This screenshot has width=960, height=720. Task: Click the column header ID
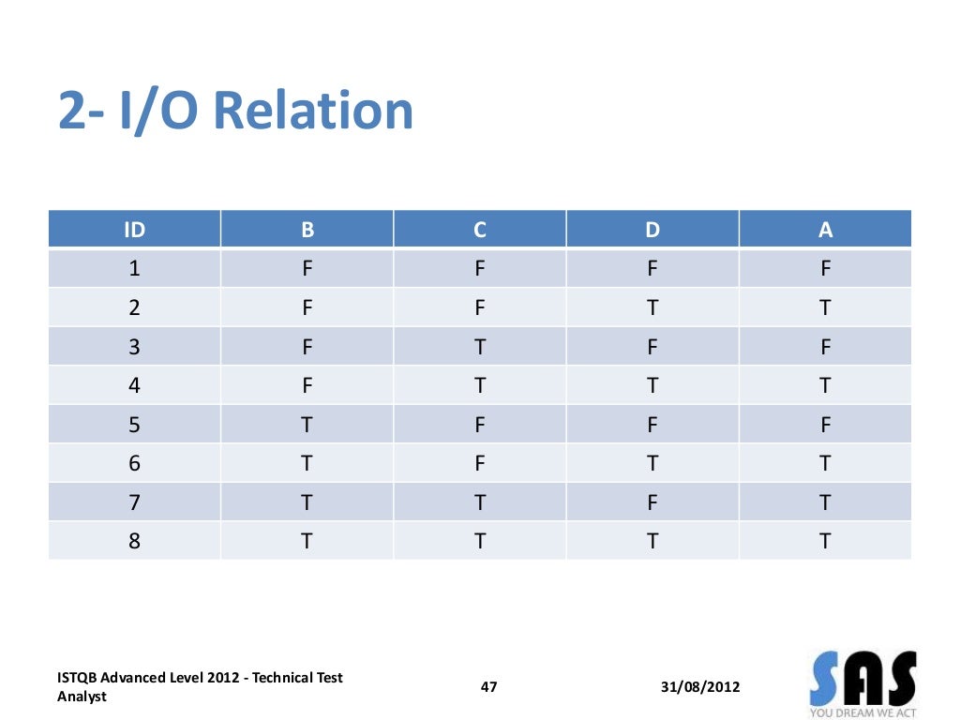135,230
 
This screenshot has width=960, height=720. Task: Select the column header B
307,230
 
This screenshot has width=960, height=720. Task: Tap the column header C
479,230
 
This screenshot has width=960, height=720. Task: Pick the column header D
652,230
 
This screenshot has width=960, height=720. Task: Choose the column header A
825,230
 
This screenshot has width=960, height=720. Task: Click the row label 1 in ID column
135,269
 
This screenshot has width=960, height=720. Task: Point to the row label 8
135,541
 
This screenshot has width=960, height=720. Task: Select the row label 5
135,425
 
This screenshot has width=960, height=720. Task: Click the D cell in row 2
652,308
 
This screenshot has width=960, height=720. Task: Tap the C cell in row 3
479,347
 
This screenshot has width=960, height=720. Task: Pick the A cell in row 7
825,502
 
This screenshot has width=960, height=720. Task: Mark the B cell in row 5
307,425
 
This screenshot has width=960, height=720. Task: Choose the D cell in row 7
652,502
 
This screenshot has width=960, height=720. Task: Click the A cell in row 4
825,386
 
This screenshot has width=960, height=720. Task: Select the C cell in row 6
479,464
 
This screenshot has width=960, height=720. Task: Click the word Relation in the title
313,111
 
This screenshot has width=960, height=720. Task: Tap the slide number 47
488,687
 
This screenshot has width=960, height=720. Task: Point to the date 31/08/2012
699,687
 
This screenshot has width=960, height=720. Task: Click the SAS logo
862,682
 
